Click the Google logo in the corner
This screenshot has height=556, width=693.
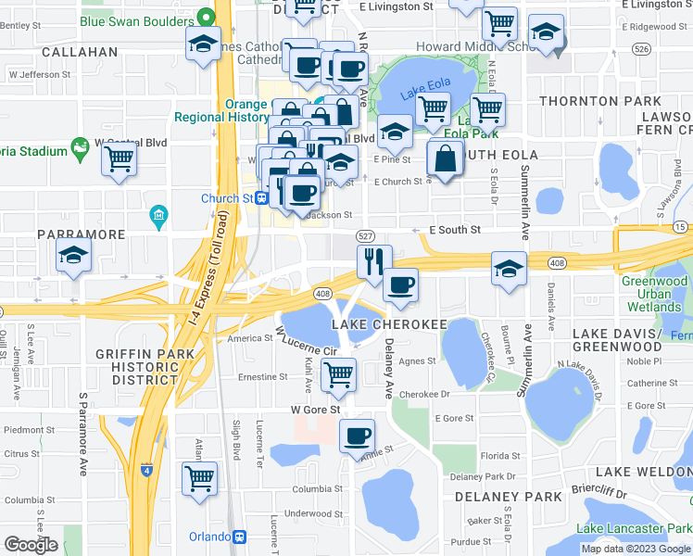click(x=31, y=545)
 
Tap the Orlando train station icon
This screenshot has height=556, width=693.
click(x=241, y=537)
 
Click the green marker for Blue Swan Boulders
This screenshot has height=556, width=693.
click(x=211, y=16)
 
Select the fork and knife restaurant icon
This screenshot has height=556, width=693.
click(x=374, y=261)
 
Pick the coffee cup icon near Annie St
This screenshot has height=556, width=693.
click(x=357, y=435)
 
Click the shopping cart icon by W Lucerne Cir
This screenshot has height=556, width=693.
click(x=338, y=374)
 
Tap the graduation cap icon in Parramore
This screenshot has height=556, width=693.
click(x=72, y=257)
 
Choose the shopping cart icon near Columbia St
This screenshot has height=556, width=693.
click(x=199, y=478)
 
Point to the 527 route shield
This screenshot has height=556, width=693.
click(x=365, y=237)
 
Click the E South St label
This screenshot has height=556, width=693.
click(x=454, y=229)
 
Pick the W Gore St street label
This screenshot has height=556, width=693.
click(x=316, y=409)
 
